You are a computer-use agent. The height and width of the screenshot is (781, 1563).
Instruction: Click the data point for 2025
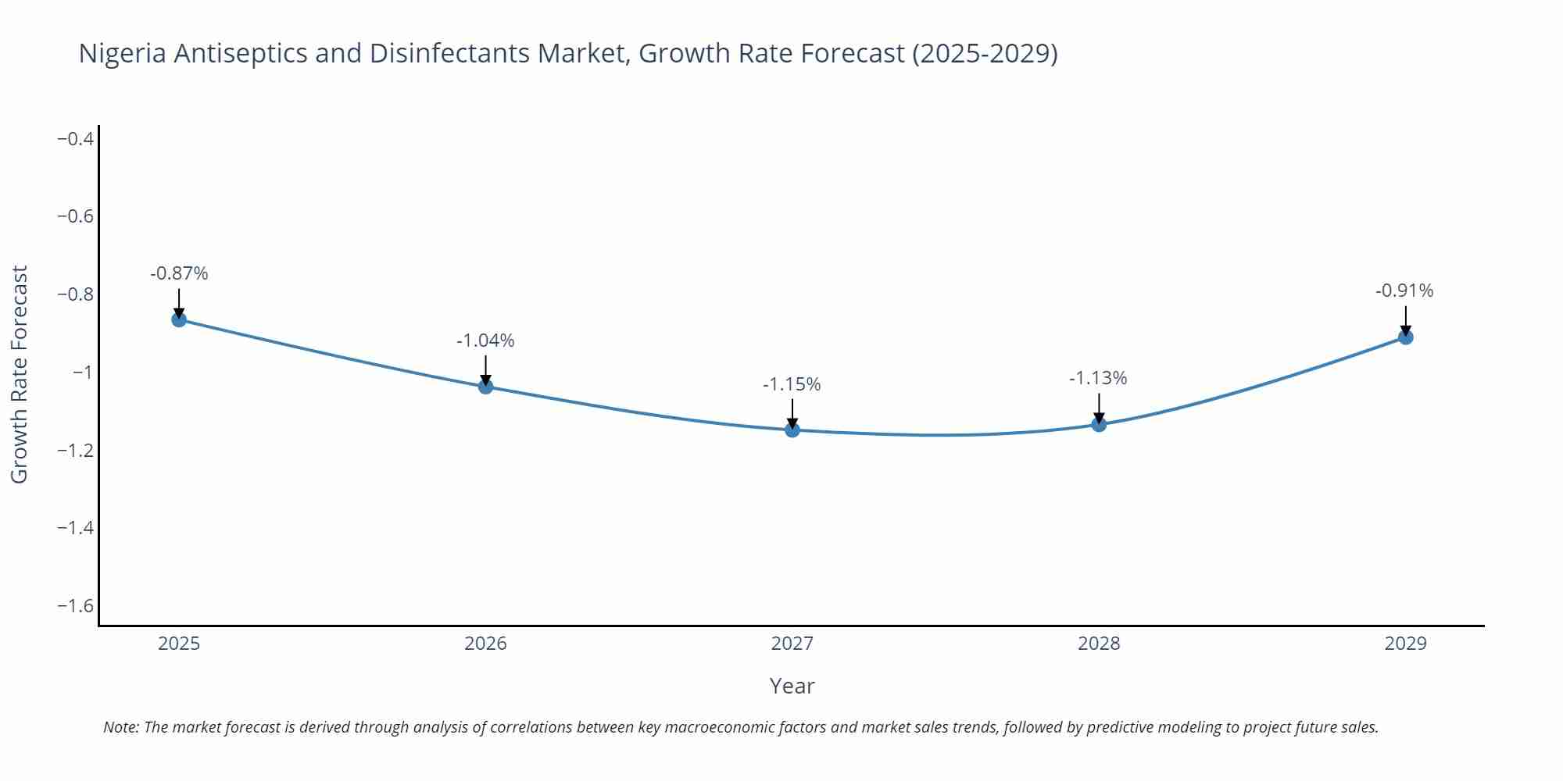(x=179, y=319)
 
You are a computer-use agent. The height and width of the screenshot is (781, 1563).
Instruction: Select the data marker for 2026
(x=485, y=386)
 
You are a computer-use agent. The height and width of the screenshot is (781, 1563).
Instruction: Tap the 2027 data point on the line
(x=792, y=430)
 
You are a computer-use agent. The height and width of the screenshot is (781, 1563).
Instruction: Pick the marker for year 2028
(x=1099, y=424)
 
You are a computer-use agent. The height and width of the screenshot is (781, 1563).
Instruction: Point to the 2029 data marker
(x=1405, y=337)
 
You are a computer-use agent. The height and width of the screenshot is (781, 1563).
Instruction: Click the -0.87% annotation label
(x=179, y=273)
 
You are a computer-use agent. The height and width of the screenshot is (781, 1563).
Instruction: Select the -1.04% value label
(x=485, y=341)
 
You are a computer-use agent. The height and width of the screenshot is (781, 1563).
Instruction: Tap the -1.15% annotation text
(x=792, y=384)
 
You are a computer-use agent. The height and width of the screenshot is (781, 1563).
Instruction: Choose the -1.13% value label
(x=1098, y=378)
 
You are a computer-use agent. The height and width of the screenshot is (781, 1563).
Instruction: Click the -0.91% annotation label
(x=1404, y=291)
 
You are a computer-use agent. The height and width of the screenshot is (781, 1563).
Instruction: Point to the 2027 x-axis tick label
(x=792, y=644)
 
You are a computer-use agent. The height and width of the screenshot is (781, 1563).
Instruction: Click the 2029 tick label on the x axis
(x=1405, y=644)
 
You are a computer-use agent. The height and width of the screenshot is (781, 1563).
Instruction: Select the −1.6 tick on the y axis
(x=75, y=606)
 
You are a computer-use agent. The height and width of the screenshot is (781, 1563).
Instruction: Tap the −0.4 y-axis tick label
(x=75, y=139)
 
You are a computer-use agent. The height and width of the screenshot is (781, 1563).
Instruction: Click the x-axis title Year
(x=792, y=686)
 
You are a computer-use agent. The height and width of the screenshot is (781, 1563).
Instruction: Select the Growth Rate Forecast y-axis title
(x=20, y=374)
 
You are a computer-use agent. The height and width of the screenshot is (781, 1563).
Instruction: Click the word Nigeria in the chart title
(x=122, y=53)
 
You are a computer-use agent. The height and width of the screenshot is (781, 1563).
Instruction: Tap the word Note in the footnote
(x=120, y=727)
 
